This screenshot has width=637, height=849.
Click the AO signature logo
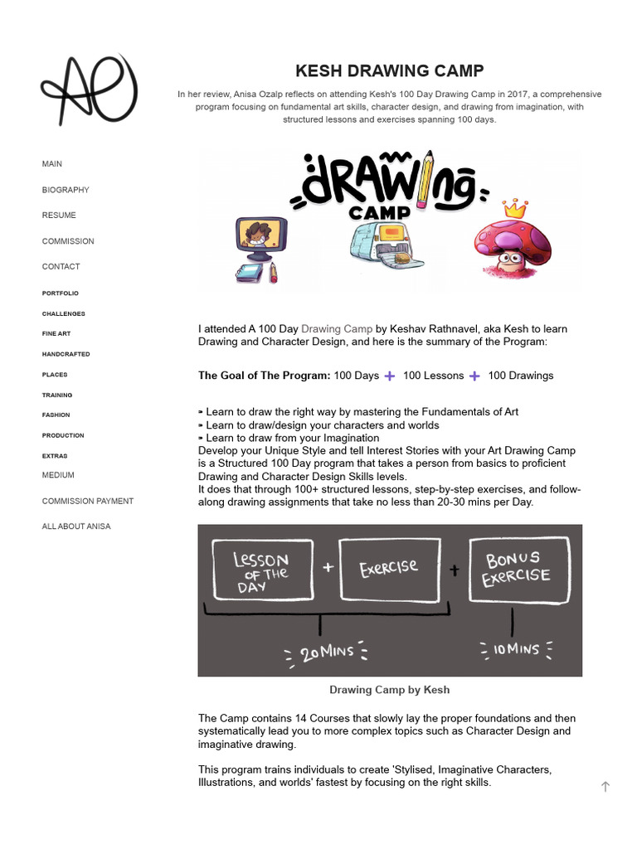coord(89,90)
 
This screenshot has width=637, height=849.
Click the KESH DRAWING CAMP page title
coord(389,70)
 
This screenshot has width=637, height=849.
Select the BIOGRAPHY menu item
coord(66,190)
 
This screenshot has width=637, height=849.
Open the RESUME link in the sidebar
coord(59,216)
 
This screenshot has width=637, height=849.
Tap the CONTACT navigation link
coord(61,267)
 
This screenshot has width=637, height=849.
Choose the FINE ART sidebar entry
coord(56,334)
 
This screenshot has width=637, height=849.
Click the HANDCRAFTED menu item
coord(66,354)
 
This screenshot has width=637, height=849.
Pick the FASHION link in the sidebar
coord(56,415)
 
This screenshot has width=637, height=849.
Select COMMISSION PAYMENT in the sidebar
coord(88,501)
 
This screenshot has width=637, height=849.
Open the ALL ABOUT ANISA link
coord(76,526)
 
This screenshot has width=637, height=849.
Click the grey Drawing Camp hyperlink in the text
coord(337,329)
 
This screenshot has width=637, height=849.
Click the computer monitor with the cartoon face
coord(261,238)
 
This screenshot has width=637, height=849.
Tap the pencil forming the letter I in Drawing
coord(425,179)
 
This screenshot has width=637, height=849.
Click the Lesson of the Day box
coord(262,570)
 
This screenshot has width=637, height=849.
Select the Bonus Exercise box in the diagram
coord(519,569)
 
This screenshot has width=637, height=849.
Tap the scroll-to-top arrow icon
coord(605,787)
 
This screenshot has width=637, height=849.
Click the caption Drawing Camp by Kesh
coord(389,690)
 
